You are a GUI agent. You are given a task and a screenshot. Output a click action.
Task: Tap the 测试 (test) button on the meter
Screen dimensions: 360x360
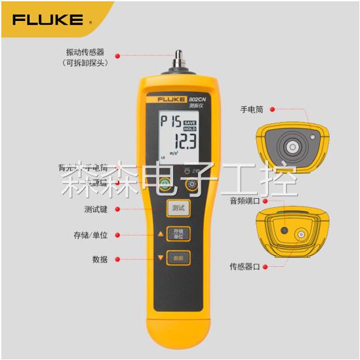click(x=178, y=209)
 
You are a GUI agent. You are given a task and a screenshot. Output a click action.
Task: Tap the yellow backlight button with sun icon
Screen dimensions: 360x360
click(x=191, y=185)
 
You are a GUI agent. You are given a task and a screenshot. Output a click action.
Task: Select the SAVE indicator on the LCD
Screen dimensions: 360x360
click(x=190, y=122)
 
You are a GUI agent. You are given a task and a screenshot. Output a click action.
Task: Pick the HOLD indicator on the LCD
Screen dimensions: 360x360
click(x=190, y=129)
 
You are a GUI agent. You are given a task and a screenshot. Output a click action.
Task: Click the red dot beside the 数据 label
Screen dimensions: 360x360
click(x=117, y=259)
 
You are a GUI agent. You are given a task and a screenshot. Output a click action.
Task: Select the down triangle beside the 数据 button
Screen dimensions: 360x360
click(x=160, y=258)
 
